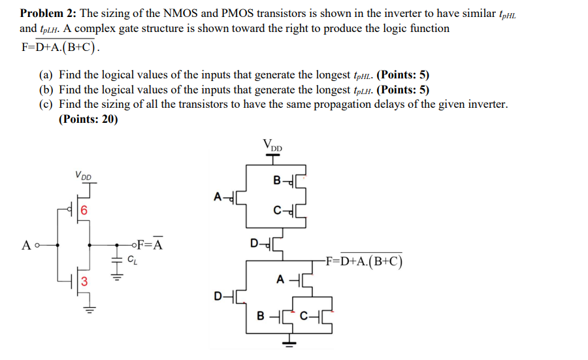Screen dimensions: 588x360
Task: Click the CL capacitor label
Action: [132, 260]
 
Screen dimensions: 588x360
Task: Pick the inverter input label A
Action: [26, 246]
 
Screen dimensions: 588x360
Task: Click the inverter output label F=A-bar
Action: [150, 246]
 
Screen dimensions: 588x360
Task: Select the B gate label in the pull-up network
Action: [277, 180]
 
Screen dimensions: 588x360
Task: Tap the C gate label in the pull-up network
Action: [278, 210]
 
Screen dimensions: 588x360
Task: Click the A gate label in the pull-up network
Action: [218, 195]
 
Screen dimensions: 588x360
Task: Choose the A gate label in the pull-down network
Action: [280, 280]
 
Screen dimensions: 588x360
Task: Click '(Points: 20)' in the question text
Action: [88, 119]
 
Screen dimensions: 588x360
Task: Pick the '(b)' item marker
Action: [46, 90]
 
